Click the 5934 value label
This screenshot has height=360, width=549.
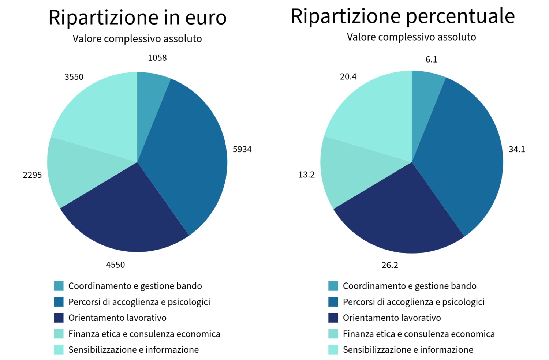242,149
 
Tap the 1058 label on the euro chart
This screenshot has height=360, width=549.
157,58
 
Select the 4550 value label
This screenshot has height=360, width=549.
115,265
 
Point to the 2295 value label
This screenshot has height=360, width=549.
32,175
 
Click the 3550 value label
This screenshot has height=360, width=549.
74,77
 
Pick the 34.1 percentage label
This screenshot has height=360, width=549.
516,149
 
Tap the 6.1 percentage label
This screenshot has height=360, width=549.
431,60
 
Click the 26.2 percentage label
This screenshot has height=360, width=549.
389,265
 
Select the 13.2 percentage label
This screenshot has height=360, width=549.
306,175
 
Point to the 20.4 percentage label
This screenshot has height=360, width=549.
348,77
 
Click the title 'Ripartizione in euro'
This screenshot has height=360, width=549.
137,18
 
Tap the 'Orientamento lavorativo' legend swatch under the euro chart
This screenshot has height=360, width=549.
59,318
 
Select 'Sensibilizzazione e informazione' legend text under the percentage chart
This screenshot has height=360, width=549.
408,350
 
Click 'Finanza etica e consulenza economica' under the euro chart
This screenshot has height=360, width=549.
144,334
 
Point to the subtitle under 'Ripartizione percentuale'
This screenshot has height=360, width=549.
411,37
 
